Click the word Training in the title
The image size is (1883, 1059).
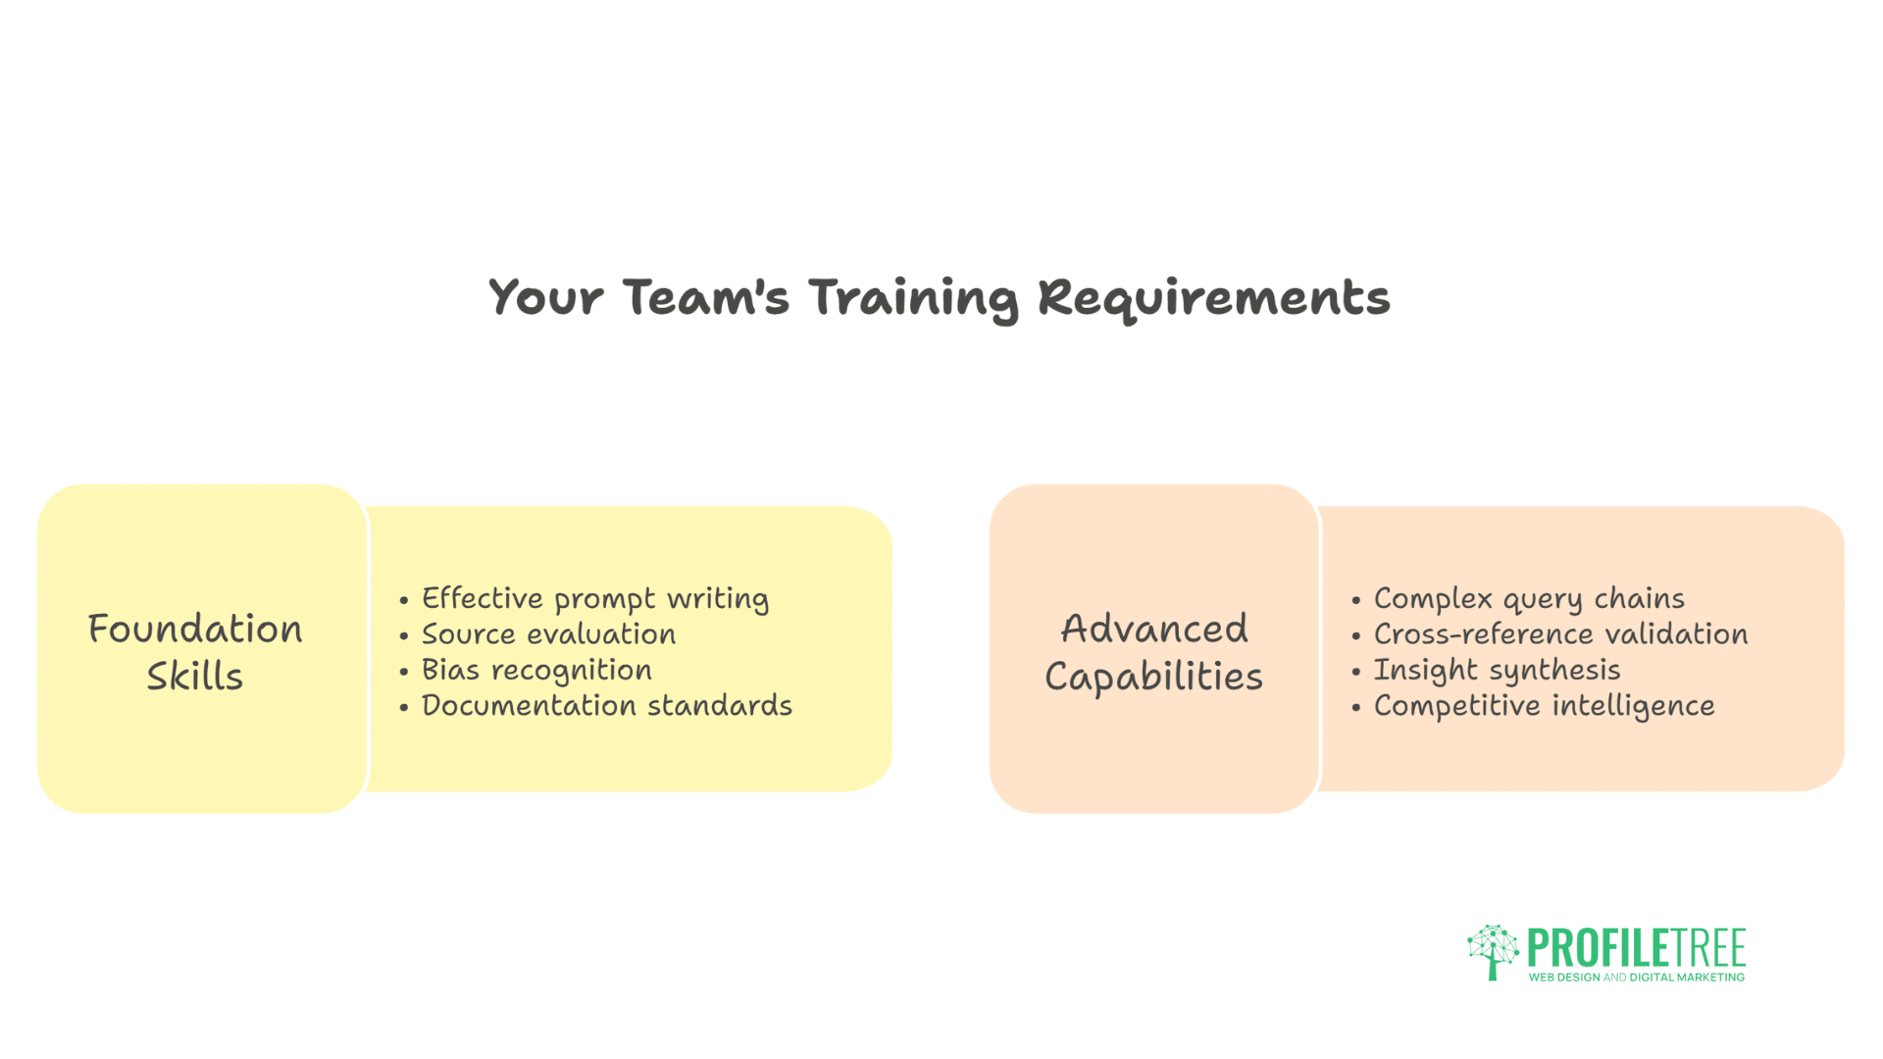click(913, 298)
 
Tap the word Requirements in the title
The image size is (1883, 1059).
click(1214, 298)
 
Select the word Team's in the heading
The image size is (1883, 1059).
click(705, 296)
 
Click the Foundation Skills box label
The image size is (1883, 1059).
click(195, 652)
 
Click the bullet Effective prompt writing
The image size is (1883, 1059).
click(595, 598)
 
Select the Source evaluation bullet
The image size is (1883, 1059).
click(548, 633)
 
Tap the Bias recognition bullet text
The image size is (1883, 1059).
click(536, 670)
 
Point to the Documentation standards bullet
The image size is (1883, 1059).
click(607, 705)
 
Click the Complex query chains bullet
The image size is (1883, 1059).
click(1529, 598)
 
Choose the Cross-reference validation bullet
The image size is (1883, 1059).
click(1560, 633)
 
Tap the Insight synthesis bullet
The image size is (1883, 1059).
click(1497, 670)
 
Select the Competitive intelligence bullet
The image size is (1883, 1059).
click(1544, 706)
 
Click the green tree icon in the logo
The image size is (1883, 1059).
click(1493, 951)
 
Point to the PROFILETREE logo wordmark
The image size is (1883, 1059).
click(1637, 947)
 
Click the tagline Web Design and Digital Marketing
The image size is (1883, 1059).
click(1637, 978)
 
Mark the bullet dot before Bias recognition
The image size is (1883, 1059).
click(404, 672)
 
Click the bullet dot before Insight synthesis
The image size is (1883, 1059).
click(1356, 672)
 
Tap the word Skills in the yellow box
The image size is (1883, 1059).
click(195, 676)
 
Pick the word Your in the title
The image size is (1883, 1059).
click(545, 297)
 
